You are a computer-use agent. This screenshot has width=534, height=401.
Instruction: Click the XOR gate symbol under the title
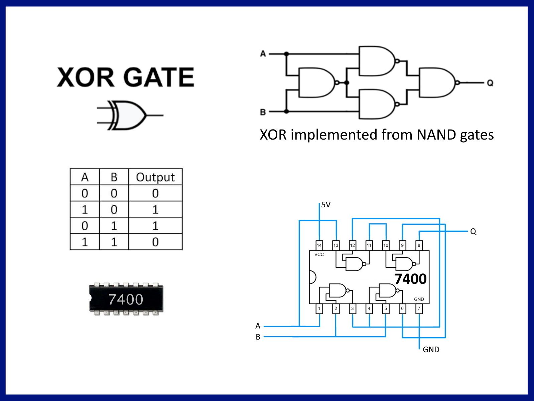pos(129,115)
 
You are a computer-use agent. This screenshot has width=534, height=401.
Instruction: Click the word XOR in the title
pos(86,77)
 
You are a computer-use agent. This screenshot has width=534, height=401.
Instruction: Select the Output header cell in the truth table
pos(155,177)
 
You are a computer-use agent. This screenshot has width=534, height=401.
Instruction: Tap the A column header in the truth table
pos(85,177)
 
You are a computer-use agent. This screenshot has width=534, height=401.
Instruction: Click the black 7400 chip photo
pos(126,299)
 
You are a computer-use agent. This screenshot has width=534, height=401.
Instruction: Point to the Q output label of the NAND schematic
pos(490,83)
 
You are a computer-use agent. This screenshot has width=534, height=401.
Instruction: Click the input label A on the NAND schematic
pos(263,53)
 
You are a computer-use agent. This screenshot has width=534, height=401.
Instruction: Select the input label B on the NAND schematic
pos(263,112)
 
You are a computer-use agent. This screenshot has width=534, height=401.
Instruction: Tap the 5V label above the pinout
pos(326,205)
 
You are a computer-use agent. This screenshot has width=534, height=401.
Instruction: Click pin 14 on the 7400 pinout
pos(319,245)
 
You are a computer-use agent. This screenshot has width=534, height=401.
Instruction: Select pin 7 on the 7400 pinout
pos(419,309)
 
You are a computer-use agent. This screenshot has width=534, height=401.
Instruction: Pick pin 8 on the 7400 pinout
pos(419,245)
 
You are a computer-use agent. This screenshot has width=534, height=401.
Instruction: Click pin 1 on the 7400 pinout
pos(319,309)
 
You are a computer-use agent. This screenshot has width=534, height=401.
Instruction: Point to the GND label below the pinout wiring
pos(431,350)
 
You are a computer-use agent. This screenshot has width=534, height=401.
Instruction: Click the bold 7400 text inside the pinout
pos(410,279)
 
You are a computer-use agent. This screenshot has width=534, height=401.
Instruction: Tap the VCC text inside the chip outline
pos(319,254)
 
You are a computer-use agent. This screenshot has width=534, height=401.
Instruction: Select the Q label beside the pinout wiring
pos(473,232)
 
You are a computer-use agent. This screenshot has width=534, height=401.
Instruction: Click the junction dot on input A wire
pos(286,53)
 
